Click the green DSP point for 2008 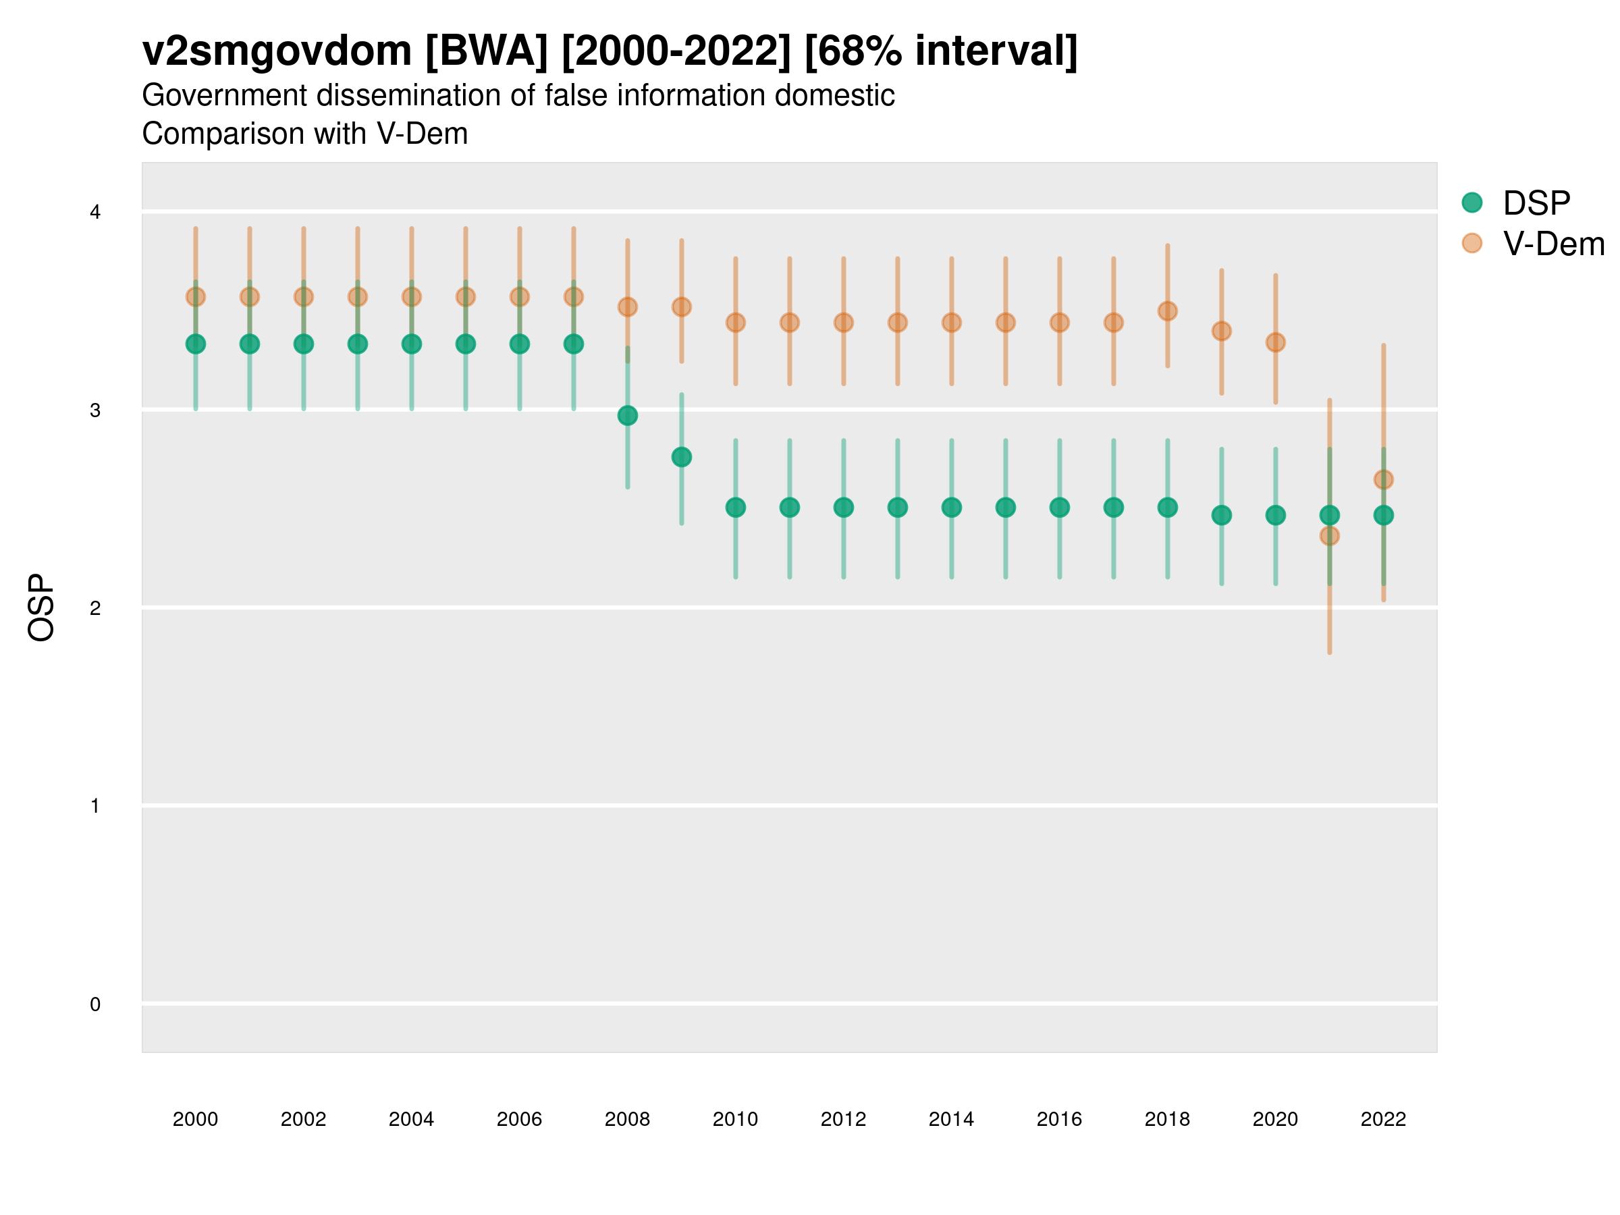coord(628,416)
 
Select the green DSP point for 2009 coord(682,457)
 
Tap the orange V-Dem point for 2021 coord(1329,536)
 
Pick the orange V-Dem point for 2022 coord(1384,480)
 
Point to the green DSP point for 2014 coord(951,508)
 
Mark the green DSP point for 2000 coord(196,344)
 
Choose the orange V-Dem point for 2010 coord(735,322)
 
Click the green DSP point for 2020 coord(1276,516)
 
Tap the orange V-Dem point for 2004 coord(412,296)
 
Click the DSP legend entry coord(1536,203)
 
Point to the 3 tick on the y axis coord(95,410)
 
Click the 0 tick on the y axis coord(95,1004)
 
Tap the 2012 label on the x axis coord(843,1119)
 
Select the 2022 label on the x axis coord(1384,1119)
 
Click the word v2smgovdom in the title coord(277,51)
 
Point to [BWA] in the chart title coord(486,51)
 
